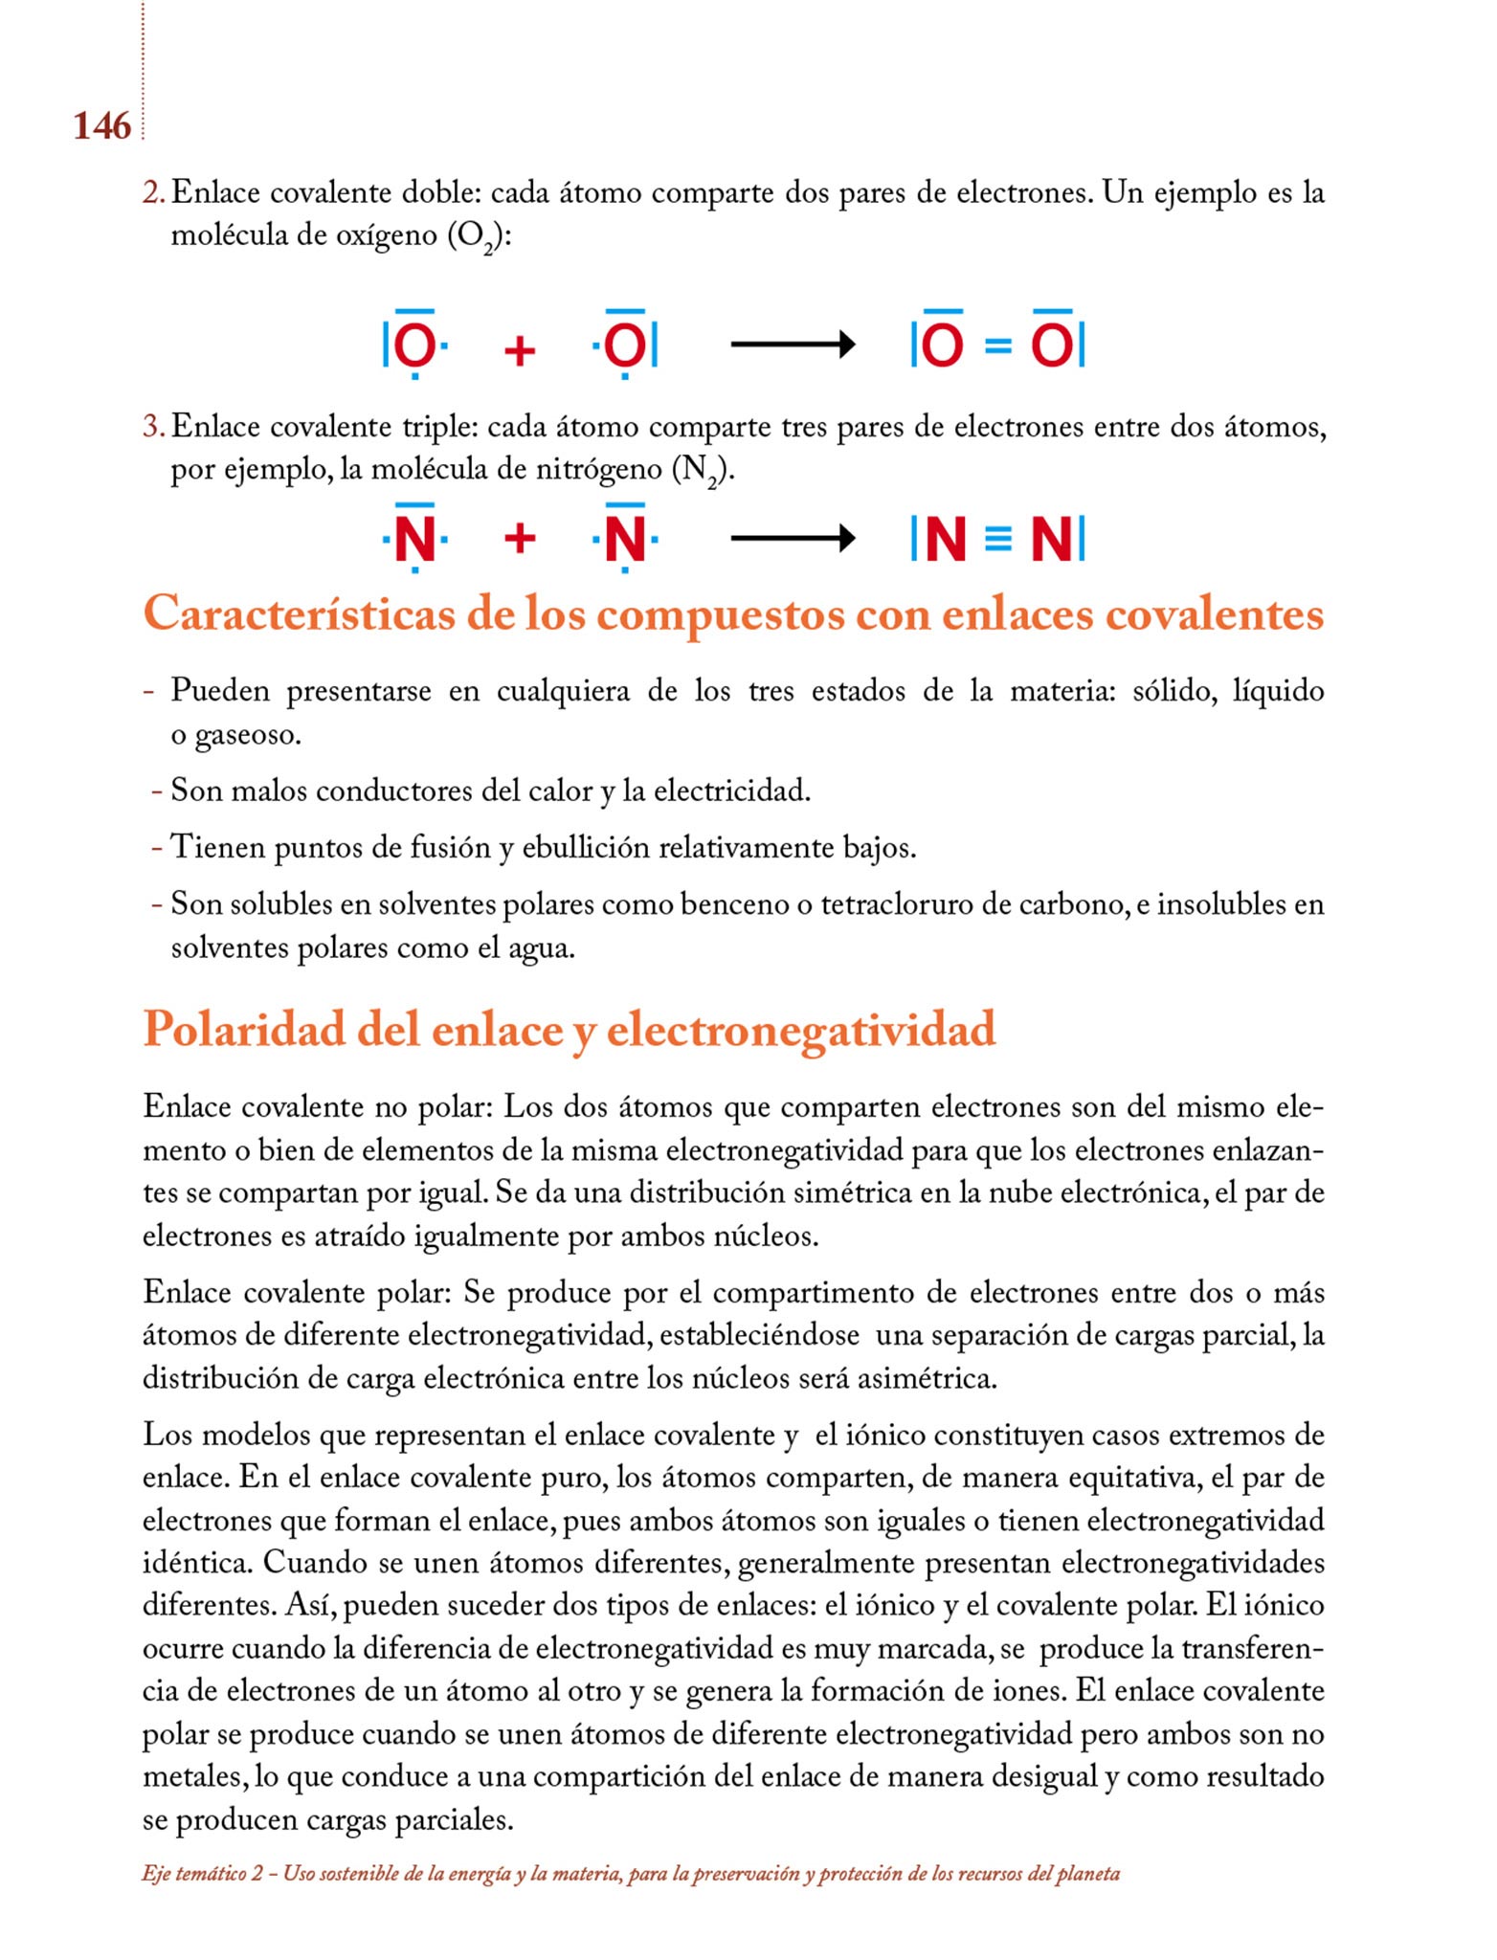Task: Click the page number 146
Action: [101, 125]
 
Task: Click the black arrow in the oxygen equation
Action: [792, 344]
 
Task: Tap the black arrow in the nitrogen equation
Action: [792, 539]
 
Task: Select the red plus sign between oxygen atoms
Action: [519, 350]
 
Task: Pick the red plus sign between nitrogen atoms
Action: [519, 539]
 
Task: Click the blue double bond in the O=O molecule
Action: [996, 345]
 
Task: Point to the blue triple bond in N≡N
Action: [996, 540]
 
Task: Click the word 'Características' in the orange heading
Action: [299, 613]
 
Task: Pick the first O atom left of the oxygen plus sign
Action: [414, 345]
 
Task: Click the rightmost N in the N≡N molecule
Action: [1051, 540]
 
